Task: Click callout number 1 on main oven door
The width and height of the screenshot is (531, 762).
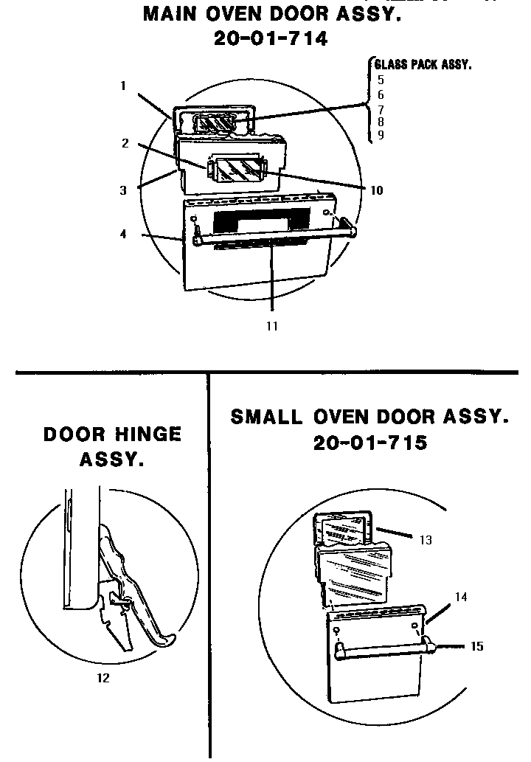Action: (123, 86)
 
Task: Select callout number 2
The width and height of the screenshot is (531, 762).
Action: (125, 143)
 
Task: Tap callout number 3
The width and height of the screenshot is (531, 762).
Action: (123, 190)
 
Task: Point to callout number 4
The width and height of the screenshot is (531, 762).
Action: (123, 235)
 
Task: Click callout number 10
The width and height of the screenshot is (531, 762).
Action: (376, 190)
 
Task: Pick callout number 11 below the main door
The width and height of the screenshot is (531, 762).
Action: (272, 325)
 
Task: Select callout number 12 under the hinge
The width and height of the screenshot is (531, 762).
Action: (103, 678)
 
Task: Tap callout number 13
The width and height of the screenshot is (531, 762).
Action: (426, 540)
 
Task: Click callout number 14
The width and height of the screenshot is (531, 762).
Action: (460, 598)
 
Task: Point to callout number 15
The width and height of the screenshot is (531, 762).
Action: (477, 646)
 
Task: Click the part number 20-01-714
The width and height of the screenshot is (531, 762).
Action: (271, 38)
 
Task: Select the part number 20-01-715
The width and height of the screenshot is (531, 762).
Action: (369, 443)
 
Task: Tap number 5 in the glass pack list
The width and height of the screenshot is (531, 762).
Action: (380, 79)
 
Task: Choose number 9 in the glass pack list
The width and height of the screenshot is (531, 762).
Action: (380, 135)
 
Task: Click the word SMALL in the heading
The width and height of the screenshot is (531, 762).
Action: (266, 417)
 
